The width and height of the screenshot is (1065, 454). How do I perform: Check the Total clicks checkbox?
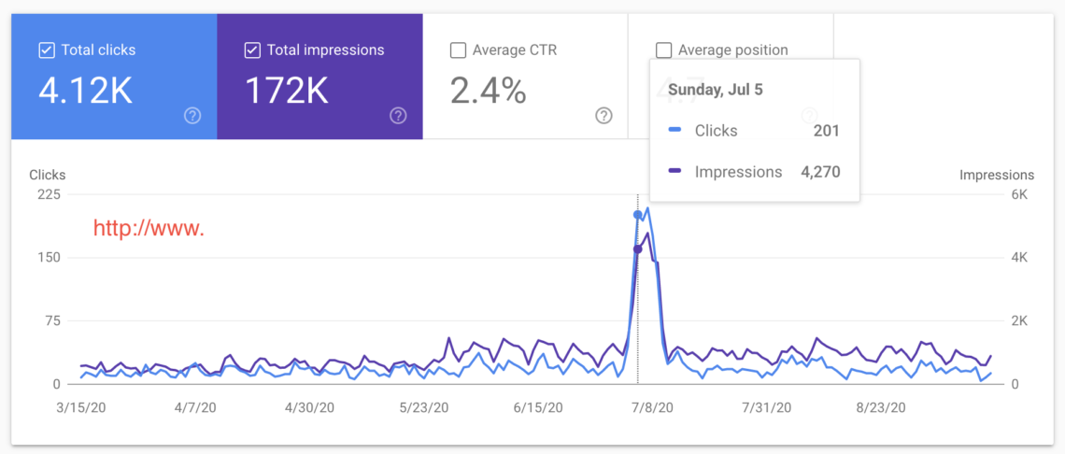point(47,50)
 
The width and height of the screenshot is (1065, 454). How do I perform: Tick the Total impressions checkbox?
point(252,50)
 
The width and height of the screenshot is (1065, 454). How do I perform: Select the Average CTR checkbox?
point(459,50)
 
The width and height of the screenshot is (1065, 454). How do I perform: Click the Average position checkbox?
point(664,50)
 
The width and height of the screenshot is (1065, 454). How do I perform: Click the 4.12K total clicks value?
point(86,91)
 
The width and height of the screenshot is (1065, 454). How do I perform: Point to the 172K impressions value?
point(287,91)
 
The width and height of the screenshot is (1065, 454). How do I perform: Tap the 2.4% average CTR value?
point(489,91)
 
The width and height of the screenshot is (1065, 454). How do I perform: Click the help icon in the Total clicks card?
point(192,116)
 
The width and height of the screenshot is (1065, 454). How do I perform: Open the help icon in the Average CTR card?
point(603,116)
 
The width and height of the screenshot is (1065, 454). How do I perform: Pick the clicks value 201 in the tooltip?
point(827,131)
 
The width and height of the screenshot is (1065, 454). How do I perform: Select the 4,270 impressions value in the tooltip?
point(820,172)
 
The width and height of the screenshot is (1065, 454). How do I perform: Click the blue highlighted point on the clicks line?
point(638,215)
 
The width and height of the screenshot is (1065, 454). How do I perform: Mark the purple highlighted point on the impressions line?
point(638,249)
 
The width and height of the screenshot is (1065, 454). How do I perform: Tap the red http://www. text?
point(149,229)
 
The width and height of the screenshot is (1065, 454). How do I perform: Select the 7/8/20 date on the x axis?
point(653,408)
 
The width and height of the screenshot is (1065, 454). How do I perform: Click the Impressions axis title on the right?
point(997,176)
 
